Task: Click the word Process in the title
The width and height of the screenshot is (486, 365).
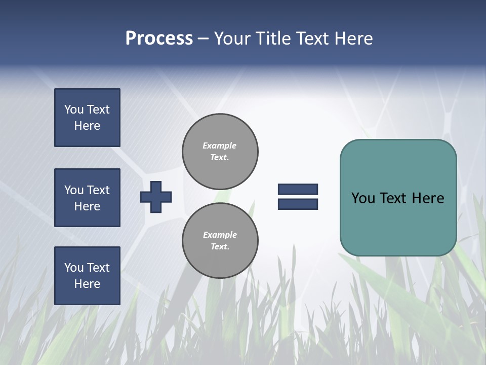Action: [x=159, y=39]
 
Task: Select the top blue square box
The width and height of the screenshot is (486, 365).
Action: [x=87, y=118]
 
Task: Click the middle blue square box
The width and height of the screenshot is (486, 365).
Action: [x=87, y=198]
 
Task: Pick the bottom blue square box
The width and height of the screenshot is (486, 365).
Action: [x=87, y=276]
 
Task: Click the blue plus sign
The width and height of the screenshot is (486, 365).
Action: [x=156, y=197]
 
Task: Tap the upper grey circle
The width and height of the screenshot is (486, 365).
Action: [x=220, y=152]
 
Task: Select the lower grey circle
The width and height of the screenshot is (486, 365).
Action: [x=220, y=241]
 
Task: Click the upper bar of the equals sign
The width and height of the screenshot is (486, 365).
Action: [x=298, y=190]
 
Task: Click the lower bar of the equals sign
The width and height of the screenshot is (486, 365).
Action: [x=298, y=204]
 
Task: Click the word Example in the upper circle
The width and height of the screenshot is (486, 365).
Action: [x=220, y=145]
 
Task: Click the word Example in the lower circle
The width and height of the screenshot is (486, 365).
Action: [x=220, y=235]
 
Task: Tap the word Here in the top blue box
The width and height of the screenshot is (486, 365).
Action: [x=87, y=126]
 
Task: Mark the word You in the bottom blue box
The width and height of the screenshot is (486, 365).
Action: [x=74, y=268]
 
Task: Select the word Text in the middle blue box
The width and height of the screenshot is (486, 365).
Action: [x=98, y=190]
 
